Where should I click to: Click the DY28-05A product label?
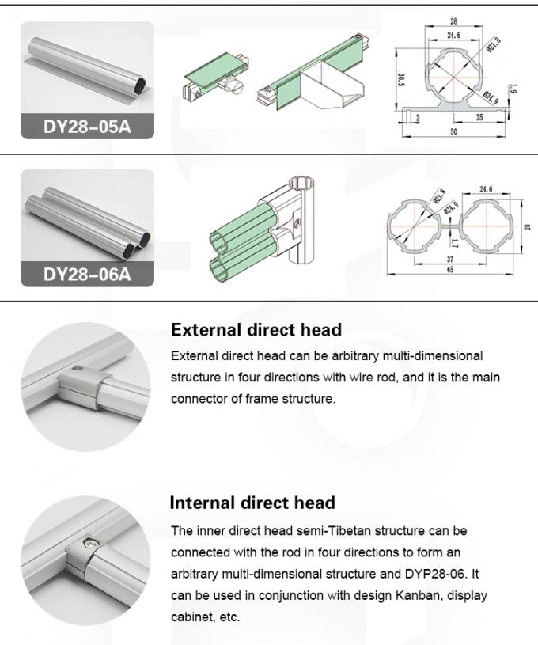(x=87, y=126)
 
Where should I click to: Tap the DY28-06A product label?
(x=87, y=274)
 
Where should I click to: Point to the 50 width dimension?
(x=454, y=132)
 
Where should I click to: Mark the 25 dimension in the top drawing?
(x=479, y=118)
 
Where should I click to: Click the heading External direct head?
(x=256, y=329)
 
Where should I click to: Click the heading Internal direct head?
(x=252, y=503)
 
